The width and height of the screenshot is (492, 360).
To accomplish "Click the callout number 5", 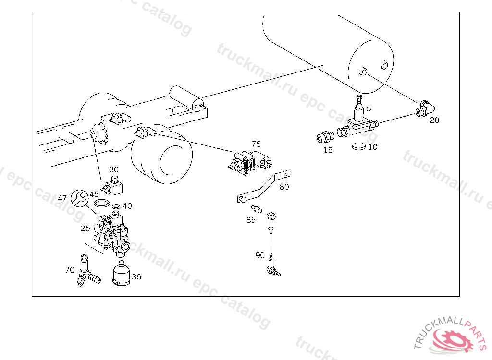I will tap(369, 108).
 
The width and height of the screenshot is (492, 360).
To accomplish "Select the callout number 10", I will tap(373, 147).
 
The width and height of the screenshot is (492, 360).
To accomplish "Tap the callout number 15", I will tap(328, 150).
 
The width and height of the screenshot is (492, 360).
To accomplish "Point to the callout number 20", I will tap(434, 120).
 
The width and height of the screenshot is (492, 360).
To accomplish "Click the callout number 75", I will tap(256, 144).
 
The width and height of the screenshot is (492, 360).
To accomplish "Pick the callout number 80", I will tap(284, 187).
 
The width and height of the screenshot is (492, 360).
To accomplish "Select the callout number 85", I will tap(251, 220).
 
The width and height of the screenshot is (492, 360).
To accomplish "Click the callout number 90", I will tap(260, 255).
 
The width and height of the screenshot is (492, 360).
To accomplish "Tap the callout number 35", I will tap(137, 276).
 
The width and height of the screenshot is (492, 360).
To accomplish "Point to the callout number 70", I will tap(70, 270).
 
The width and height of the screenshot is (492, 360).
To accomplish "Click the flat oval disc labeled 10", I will tap(359, 146).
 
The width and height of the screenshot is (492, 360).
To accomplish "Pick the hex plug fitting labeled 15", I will tap(325, 137).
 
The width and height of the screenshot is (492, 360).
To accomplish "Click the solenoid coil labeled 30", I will tap(112, 186).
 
